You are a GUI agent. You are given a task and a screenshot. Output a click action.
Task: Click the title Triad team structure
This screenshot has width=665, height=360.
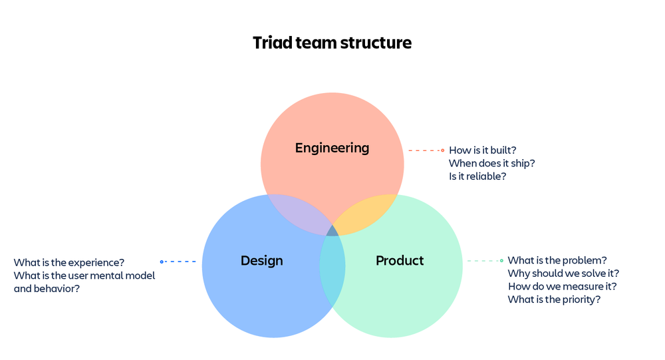(x=332, y=43)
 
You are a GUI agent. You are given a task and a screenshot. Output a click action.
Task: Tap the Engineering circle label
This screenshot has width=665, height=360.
(x=332, y=147)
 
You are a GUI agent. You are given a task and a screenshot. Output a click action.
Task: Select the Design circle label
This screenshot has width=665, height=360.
(x=261, y=261)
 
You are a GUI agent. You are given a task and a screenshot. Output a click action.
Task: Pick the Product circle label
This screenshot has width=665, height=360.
(x=400, y=261)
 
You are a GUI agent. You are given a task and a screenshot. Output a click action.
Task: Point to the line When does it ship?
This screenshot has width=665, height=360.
(x=492, y=163)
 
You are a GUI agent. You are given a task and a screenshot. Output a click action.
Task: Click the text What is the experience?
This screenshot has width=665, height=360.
(x=69, y=262)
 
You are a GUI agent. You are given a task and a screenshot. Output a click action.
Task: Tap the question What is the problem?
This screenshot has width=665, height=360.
(x=557, y=260)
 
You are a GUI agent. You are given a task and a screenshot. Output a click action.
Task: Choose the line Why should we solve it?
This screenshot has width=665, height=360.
(x=563, y=273)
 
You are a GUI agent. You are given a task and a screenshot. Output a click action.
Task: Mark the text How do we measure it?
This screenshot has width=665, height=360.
(x=562, y=286)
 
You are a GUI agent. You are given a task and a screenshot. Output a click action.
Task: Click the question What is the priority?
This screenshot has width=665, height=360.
(x=554, y=299)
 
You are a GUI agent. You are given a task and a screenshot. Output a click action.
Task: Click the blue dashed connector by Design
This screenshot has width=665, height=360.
(x=180, y=262)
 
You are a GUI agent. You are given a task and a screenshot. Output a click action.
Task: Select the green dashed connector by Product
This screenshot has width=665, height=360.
(x=485, y=261)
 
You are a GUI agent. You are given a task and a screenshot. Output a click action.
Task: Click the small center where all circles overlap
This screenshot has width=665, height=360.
(x=332, y=231)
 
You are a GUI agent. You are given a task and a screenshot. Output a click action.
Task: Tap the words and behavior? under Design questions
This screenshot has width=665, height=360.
(x=47, y=289)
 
